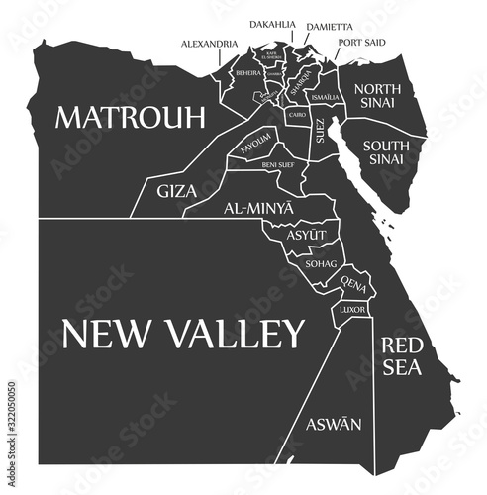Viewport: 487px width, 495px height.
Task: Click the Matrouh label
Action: pyautogui.click(x=130, y=117)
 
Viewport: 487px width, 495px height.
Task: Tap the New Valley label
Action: pyautogui.click(x=183, y=334)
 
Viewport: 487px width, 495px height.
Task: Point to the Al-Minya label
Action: pyautogui.click(x=258, y=210)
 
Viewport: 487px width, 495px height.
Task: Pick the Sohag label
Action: pyautogui.click(x=322, y=264)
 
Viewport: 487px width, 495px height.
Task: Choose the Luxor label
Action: pyautogui.click(x=352, y=310)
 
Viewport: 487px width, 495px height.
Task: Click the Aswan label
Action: pyautogui.click(x=330, y=424)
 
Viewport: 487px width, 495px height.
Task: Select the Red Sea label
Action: pyautogui.click(x=402, y=356)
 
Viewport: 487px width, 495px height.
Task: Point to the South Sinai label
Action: pyautogui.click(x=393, y=152)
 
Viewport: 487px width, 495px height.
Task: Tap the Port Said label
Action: pyautogui.click(x=361, y=43)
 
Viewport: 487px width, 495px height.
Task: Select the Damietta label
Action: pyautogui.click(x=329, y=25)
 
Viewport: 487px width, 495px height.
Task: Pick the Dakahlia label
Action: pyautogui.click(x=271, y=23)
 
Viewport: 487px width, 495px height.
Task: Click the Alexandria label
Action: pyautogui.click(x=209, y=45)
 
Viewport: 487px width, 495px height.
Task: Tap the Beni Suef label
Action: pyautogui.click(x=277, y=165)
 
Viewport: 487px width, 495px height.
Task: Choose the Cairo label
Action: pyautogui.click(x=296, y=116)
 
